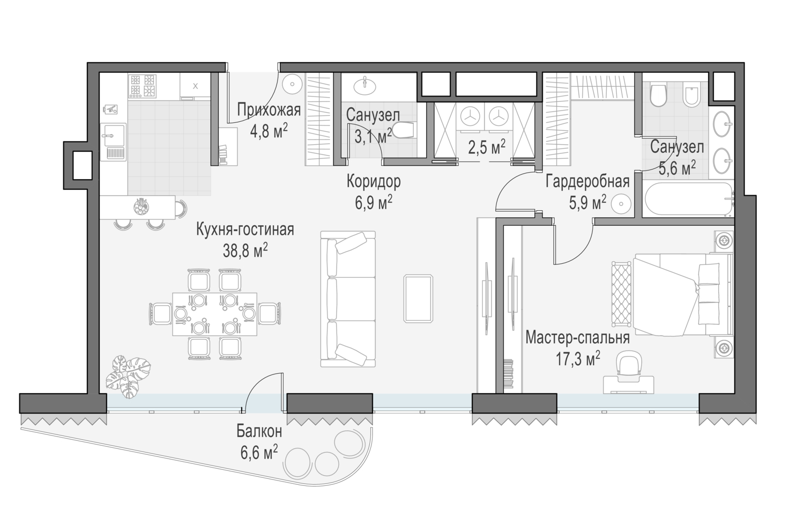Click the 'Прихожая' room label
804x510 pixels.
pyautogui.click(x=269, y=110)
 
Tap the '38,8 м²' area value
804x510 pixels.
pyautogui.click(x=245, y=250)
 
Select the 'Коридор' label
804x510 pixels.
pyautogui.click(x=373, y=182)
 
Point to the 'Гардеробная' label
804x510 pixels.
pyautogui.click(x=587, y=182)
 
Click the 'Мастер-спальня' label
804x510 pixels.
pyautogui.click(x=577, y=338)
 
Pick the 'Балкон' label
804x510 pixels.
pyautogui.click(x=259, y=431)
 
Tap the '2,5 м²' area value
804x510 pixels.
pyautogui.click(x=487, y=147)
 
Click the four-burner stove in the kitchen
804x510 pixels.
pyautogui.click(x=143, y=86)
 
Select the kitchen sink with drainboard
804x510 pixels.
pyautogui.click(x=113, y=142)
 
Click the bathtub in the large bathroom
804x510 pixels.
pyautogui.click(x=688, y=199)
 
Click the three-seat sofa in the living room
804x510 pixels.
pyautogui.click(x=348, y=299)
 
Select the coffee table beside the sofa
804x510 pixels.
pyautogui.click(x=418, y=299)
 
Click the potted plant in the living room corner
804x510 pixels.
pyautogui.click(x=129, y=376)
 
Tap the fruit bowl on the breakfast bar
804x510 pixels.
pyautogui.click(x=140, y=206)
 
